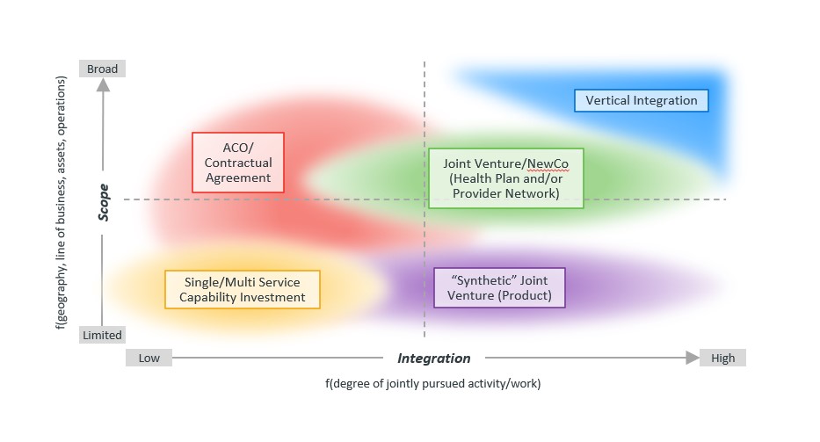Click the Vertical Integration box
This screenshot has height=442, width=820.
(x=641, y=100)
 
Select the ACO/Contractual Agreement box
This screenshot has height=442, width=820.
(x=238, y=163)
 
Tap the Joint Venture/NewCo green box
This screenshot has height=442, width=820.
(x=505, y=178)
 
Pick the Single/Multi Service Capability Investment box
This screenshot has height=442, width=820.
(x=243, y=290)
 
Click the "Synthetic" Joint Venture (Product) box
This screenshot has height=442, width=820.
(x=499, y=287)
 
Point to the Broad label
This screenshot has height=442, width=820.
(x=102, y=69)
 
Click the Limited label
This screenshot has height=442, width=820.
(x=102, y=335)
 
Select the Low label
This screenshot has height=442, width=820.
(x=149, y=358)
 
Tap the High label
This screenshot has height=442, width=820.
(x=722, y=358)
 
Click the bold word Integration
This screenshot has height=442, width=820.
(x=433, y=358)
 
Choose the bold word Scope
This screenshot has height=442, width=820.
(x=104, y=202)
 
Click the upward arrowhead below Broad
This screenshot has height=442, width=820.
(x=103, y=85)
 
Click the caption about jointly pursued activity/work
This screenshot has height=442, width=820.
(x=432, y=383)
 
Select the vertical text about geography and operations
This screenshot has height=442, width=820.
(x=62, y=202)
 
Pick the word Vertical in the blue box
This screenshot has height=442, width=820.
(x=607, y=100)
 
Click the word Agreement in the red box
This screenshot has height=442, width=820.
(x=238, y=178)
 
